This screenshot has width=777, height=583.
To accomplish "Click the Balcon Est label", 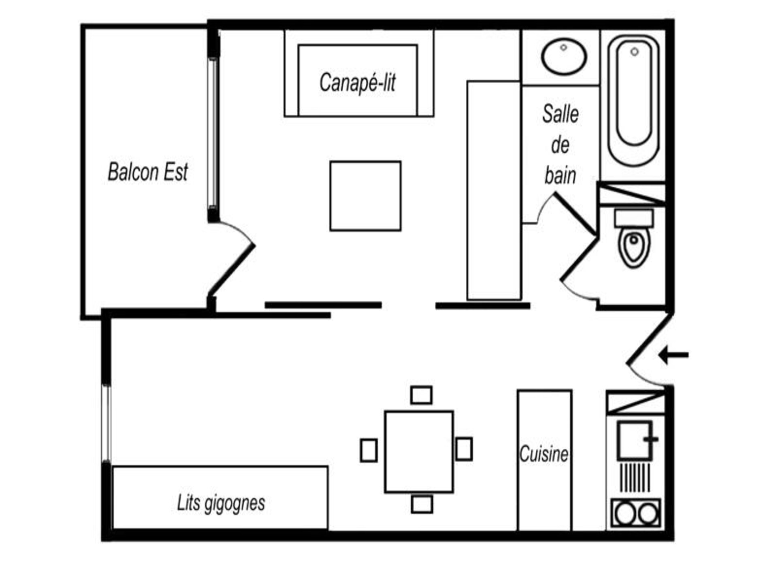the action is pyautogui.click(x=148, y=172).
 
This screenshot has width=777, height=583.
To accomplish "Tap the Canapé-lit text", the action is pyautogui.click(x=357, y=83).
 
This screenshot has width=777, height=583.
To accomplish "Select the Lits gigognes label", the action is pyautogui.click(x=221, y=503).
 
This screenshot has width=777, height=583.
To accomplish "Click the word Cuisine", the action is pyautogui.click(x=544, y=454).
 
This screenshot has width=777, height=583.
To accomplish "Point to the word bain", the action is pyautogui.click(x=560, y=176).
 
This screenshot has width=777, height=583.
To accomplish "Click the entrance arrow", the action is pyautogui.click(x=673, y=355).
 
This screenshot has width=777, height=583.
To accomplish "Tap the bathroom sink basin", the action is pyautogui.click(x=564, y=57).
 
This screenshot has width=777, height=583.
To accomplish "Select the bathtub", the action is pyautogui.click(x=634, y=100).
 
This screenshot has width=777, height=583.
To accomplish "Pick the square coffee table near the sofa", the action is pyautogui.click(x=365, y=196).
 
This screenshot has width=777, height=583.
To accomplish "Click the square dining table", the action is pyautogui.click(x=419, y=452).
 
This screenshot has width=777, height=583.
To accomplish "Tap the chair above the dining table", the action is pyautogui.click(x=421, y=395).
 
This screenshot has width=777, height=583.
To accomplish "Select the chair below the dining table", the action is pyautogui.click(x=422, y=504).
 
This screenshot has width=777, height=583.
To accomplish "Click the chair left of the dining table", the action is pyautogui.click(x=369, y=450).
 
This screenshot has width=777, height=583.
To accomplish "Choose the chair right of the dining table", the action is pyautogui.click(x=464, y=449).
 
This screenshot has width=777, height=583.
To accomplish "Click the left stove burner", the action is pyautogui.click(x=625, y=513).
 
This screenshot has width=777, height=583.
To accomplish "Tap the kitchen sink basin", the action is pyautogui.click(x=635, y=440).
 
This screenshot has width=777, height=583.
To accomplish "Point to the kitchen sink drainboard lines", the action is pyautogui.click(x=635, y=478).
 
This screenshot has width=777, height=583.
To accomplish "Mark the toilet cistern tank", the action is pyautogui.click(x=634, y=218).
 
